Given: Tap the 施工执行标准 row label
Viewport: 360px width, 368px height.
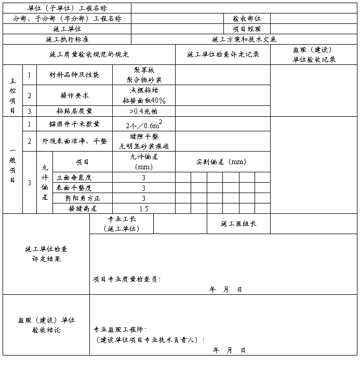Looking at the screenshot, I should [x=67, y=39].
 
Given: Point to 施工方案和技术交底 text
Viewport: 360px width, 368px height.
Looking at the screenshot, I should [x=244, y=39].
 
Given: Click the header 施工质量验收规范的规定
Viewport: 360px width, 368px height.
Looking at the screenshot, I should [x=89, y=54].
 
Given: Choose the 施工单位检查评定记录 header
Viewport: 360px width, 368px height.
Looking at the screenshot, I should [x=223, y=54].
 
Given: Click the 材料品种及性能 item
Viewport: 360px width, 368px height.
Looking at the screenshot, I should [x=74, y=75].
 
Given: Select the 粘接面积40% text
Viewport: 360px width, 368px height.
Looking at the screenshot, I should [x=144, y=101].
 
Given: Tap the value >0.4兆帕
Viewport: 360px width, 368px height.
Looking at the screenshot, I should [x=144, y=111].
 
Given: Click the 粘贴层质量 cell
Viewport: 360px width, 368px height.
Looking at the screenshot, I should [x=74, y=111].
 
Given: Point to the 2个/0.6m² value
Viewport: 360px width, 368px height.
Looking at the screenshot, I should [x=144, y=125].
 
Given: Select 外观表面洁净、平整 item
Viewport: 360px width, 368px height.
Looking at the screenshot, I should [x=74, y=141].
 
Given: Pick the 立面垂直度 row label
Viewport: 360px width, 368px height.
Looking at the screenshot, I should [x=74, y=177].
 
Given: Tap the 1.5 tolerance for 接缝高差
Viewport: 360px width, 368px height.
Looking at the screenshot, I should [x=144, y=209].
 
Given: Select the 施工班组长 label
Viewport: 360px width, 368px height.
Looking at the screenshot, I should [x=238, y=224].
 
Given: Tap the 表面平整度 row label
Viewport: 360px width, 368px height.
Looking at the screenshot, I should [x=74, y=187].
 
